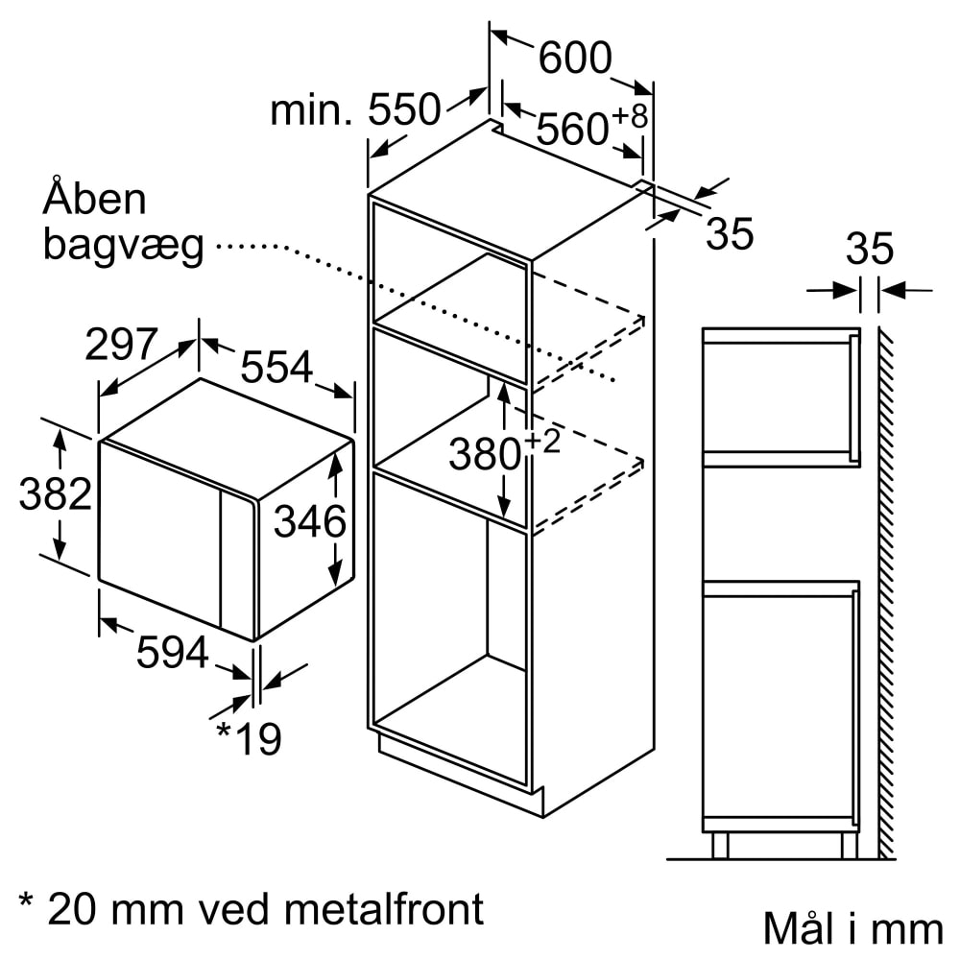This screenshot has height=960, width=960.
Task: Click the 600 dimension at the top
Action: pyautogui.click(x=574, y=60)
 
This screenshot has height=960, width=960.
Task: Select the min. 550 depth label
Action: pyautogui.click(x=354, y=111)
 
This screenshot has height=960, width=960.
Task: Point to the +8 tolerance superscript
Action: pyautogui.click(x=631, y=117)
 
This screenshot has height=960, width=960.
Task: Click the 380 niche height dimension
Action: pyautogui.click(x=485, y=454)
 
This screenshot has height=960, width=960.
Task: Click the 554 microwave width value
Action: pyautogui.click(x=276, y=367)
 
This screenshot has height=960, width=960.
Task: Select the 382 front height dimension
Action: pyautogui.click(x=55, y=494)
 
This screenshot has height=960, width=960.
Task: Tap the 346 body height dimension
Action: pyautogui.click(x=309, y=522)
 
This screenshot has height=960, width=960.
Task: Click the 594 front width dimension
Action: pyautogui.click(x=172, y=654)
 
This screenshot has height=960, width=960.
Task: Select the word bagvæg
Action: pyautogui.click(x=124, y=247)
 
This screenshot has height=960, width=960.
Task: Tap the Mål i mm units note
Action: pyautogui.click(x=852, y=928)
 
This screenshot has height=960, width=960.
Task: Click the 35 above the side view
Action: pyautogui.click(x=869, y=249)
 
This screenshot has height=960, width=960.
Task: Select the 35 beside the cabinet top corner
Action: pyautogui.click(x=729, y=234)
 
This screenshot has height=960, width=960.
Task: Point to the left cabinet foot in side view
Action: pyautogui.click(x=720, y=845)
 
